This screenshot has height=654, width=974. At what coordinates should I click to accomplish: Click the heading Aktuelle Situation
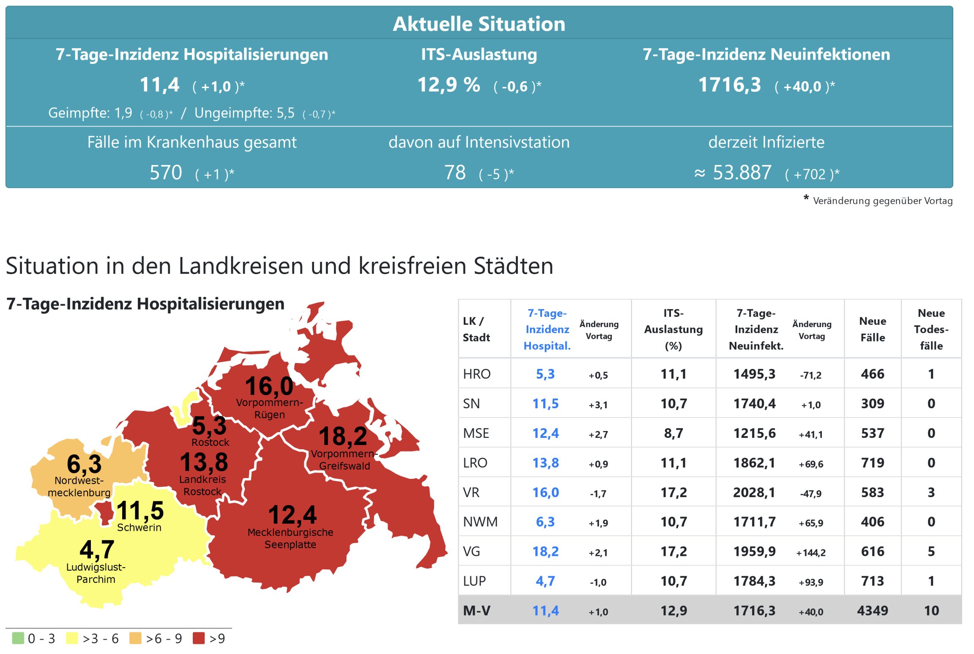click(x=479, y=24)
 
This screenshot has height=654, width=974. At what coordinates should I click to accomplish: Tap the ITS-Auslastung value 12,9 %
click(x=449, y=85)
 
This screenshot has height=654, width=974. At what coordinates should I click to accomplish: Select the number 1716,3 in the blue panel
click(x=729, y=85)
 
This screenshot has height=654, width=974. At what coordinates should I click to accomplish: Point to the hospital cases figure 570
click(x=166, y=173)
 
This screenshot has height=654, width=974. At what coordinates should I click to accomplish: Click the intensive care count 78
click(x=455, y=173)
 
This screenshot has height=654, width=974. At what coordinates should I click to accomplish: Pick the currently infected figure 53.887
click(x=742, y=173)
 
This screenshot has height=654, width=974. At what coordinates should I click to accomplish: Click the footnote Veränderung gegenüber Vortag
click(x=882, y=201)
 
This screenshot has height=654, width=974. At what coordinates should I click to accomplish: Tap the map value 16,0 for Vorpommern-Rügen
click(x=269, y=386)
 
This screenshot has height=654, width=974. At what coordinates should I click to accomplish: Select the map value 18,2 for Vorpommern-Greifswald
click(x=343, y=436)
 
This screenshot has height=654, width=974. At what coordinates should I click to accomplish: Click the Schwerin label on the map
click(x=139, y=528)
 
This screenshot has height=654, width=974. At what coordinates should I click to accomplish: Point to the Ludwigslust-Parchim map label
click(x=96, y=573)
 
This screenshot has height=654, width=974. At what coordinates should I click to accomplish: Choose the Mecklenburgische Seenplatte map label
click(x=290, y=538)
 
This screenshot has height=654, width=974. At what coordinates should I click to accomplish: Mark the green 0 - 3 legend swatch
click(x=18, y=638)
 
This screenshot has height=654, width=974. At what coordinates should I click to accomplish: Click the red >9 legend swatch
click(x=198, y=638)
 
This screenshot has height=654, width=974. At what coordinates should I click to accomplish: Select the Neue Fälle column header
click(x=872, y=329)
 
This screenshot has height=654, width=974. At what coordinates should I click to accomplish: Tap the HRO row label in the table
click(x=476, y=374)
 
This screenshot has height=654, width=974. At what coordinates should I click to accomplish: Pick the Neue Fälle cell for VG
click(x=872, y=551)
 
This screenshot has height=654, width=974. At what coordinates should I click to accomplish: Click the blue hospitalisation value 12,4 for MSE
click(x=545, y=433)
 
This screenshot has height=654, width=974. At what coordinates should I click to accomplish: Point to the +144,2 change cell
click(x=811, y=552)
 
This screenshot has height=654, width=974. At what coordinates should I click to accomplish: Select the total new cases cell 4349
click(x=872, y=610)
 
